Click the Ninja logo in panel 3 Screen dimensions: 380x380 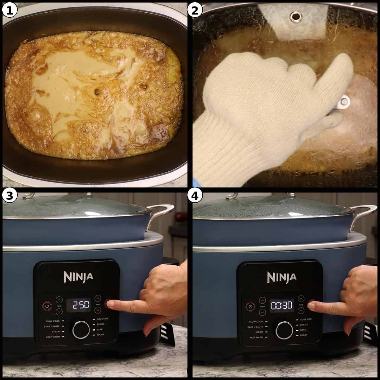pos(79,276)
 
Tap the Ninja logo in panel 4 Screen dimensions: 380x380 pos(282,277)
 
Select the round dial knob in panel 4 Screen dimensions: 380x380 pos(284,331)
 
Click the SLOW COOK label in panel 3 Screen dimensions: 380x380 pos(53,321)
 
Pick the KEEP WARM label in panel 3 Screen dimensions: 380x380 pos(53,337)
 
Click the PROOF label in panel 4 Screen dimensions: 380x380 pos(304,335)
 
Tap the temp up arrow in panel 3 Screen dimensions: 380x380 pos(59,299)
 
